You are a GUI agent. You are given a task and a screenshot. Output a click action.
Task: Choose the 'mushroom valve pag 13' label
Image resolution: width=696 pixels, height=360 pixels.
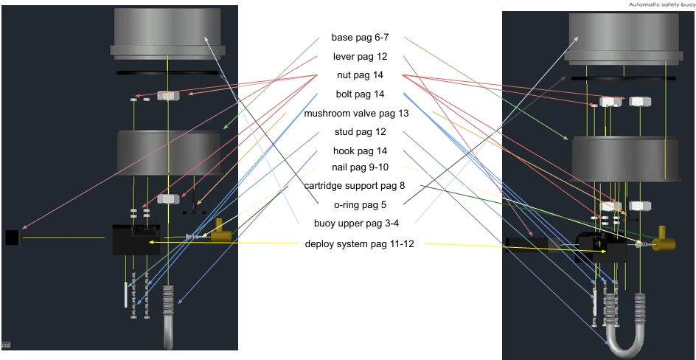[x=356, y=114]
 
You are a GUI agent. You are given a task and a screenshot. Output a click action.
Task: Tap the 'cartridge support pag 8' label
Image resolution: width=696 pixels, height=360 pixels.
[x=355, y=185]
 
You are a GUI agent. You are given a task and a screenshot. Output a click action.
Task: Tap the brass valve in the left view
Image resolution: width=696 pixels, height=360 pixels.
[x=220, y=232]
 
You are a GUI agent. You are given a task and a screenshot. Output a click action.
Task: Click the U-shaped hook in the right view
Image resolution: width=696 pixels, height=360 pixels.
[x=625, y=344]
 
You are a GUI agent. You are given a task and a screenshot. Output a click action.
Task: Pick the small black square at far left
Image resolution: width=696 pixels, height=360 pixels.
[x=12, y=237]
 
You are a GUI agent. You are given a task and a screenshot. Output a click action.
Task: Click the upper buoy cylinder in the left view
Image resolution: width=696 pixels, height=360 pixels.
[x=167, y=33]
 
